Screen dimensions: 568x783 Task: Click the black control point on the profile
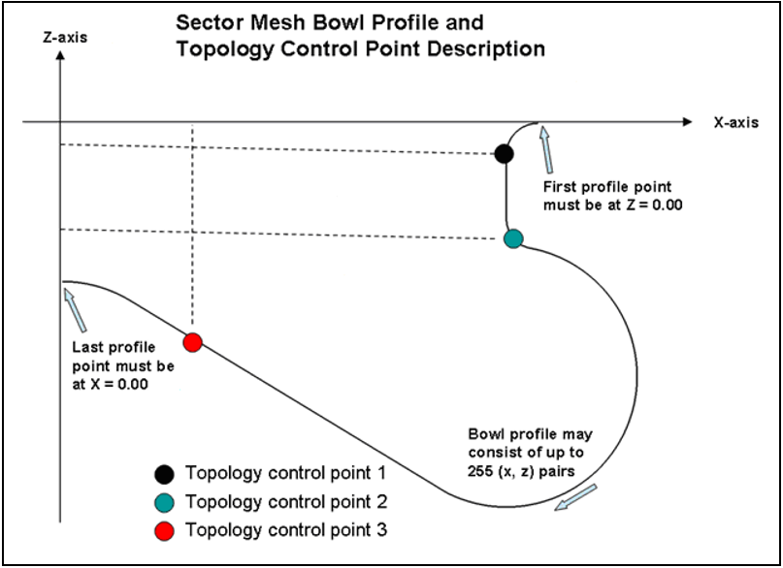503,153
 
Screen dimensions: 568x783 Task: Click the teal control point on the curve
513,238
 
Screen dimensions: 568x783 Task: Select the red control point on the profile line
192,341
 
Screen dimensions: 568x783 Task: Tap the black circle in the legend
164,474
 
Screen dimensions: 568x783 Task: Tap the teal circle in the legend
164,502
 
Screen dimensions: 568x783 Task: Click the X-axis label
734,123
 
